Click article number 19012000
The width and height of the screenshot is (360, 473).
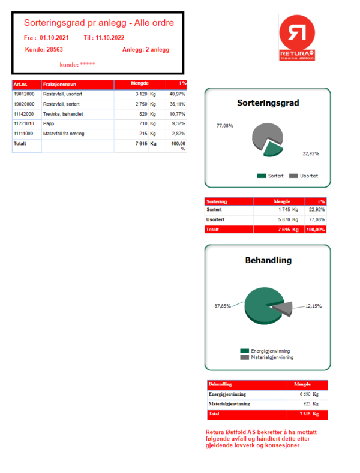coord(24,94)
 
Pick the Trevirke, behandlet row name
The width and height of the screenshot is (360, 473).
coord(63,114)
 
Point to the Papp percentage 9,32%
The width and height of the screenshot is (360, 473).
coord(178,123)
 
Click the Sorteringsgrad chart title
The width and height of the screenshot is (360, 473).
coord(268,103)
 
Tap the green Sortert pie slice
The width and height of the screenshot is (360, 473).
coord(272,148)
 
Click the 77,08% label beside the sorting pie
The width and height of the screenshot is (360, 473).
coord(224,126)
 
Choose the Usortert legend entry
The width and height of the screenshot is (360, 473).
coord(304,176)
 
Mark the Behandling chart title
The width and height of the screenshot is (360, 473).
coord(268,260)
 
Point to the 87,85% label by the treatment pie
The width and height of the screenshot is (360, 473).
coord(223,306)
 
